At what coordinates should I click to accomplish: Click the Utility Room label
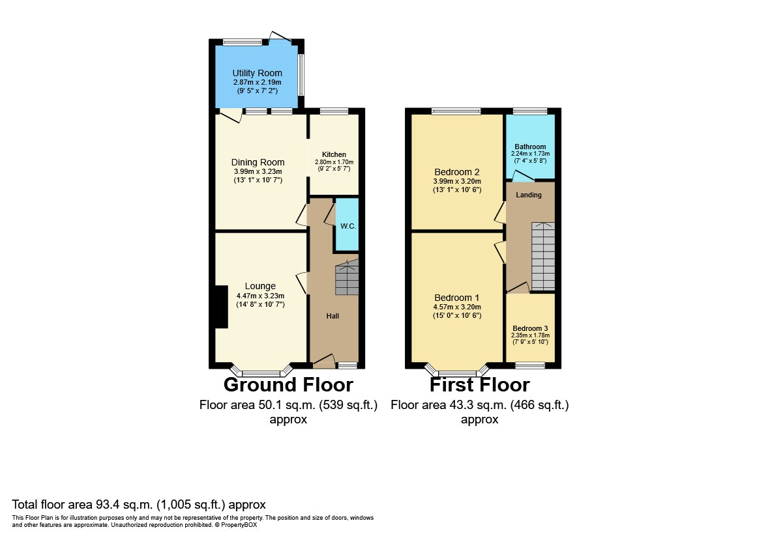(x=257, y=73)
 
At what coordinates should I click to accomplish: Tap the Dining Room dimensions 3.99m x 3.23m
(x=258, y=172)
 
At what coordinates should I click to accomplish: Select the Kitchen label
(x=334, y=154)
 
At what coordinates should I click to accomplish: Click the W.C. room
(x=348, y=225)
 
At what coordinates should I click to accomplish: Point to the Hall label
(x=333, y=316)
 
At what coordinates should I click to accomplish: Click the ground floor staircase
(x=348, y=277)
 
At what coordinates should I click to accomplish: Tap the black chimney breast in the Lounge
(x=221, y=307)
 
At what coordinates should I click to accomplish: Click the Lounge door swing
(x=301, y=283)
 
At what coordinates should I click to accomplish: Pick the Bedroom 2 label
(x=456, y=172)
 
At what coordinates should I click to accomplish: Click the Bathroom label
(x=530, y=147)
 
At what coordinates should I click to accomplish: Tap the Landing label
(x=529, y=195)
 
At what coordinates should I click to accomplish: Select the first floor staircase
(x=543, y=257)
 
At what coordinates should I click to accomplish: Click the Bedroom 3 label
(x=530, y=328)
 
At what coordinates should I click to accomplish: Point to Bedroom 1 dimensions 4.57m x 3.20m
(x=457, y=307)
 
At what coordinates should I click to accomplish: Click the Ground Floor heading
(x=288, y=385)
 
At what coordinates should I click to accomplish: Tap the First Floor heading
(x=480, y=385)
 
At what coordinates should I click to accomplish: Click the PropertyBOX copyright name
(x=239, y=525)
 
